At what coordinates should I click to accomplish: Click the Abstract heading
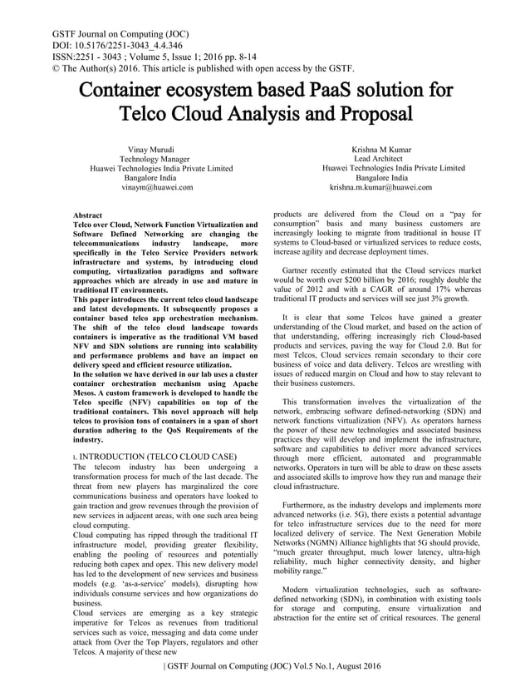click(x=89, y=215)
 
